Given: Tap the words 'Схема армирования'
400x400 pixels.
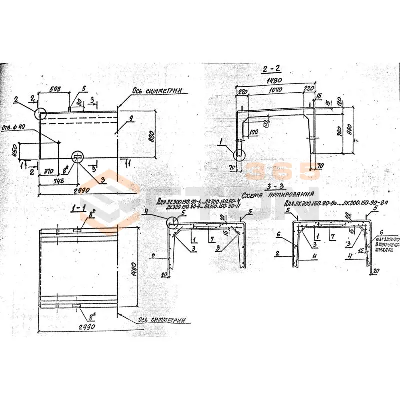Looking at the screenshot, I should pos(277,194).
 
